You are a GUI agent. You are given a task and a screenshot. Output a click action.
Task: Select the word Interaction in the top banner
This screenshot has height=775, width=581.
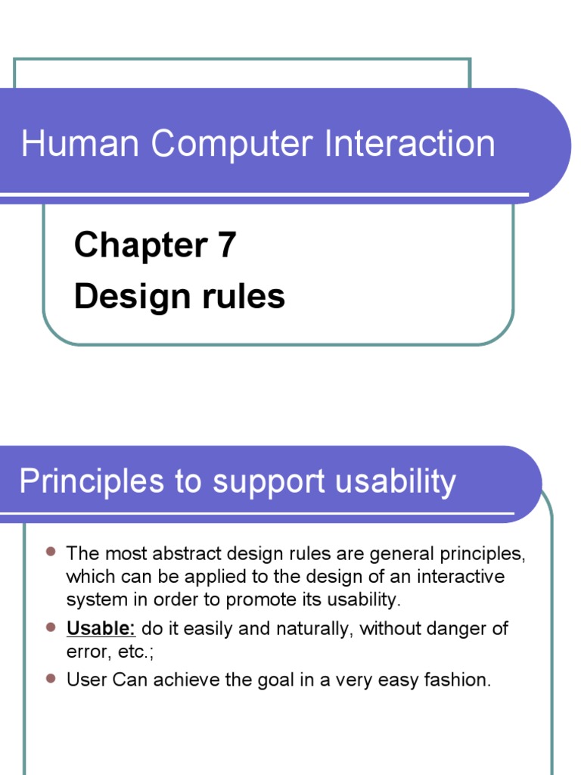409,144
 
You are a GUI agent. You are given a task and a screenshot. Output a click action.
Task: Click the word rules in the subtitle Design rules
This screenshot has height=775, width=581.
243,296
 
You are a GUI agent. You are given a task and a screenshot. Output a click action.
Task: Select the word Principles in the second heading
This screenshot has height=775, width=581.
84,481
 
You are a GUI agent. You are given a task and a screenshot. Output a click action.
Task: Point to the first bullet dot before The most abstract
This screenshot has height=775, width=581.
51,552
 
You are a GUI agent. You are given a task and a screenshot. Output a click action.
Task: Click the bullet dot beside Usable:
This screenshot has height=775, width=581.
51,627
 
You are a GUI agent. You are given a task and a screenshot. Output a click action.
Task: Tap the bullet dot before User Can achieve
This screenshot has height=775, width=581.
51,679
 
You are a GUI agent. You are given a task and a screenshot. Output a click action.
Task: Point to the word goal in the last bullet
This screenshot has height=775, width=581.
271,680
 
